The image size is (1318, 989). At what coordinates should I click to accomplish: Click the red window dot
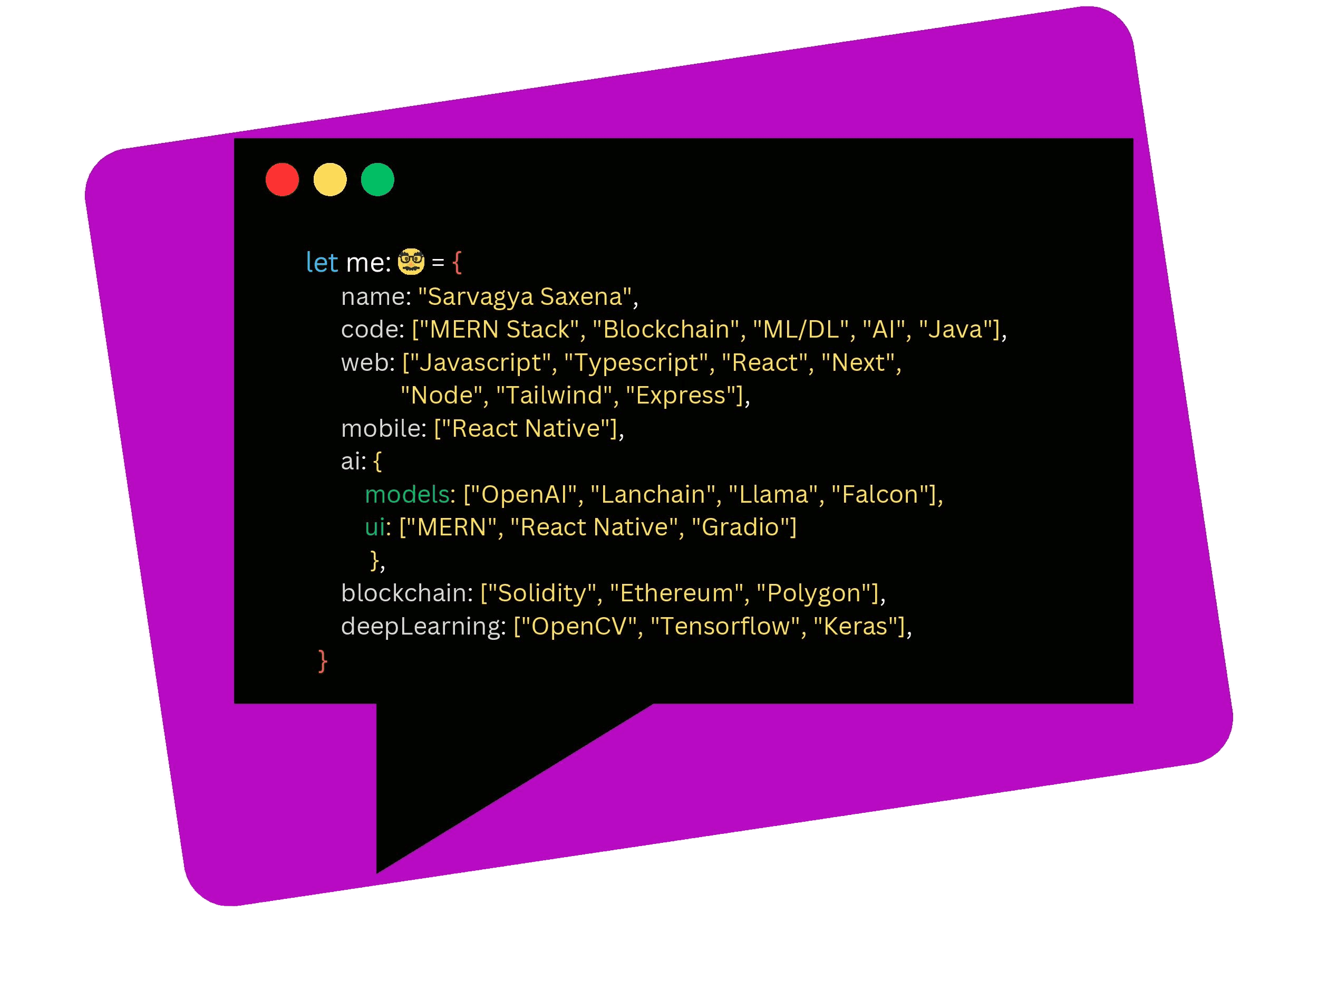pos(283,179)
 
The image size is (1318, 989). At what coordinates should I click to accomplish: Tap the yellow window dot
pos(330,179)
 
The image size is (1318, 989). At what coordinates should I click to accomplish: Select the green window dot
pos(378,179)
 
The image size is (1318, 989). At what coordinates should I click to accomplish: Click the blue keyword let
pos(322,262)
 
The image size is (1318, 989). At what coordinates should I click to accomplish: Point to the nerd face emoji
pos(411,262)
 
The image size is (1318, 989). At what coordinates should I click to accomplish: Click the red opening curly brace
pos(457,262)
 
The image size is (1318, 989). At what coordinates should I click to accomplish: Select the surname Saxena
pos(582,296)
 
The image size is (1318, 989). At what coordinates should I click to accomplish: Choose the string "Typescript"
pos(636,362)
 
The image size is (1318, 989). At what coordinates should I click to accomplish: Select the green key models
pos(407,494)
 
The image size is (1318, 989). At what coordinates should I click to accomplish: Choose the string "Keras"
pos(856,626)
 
